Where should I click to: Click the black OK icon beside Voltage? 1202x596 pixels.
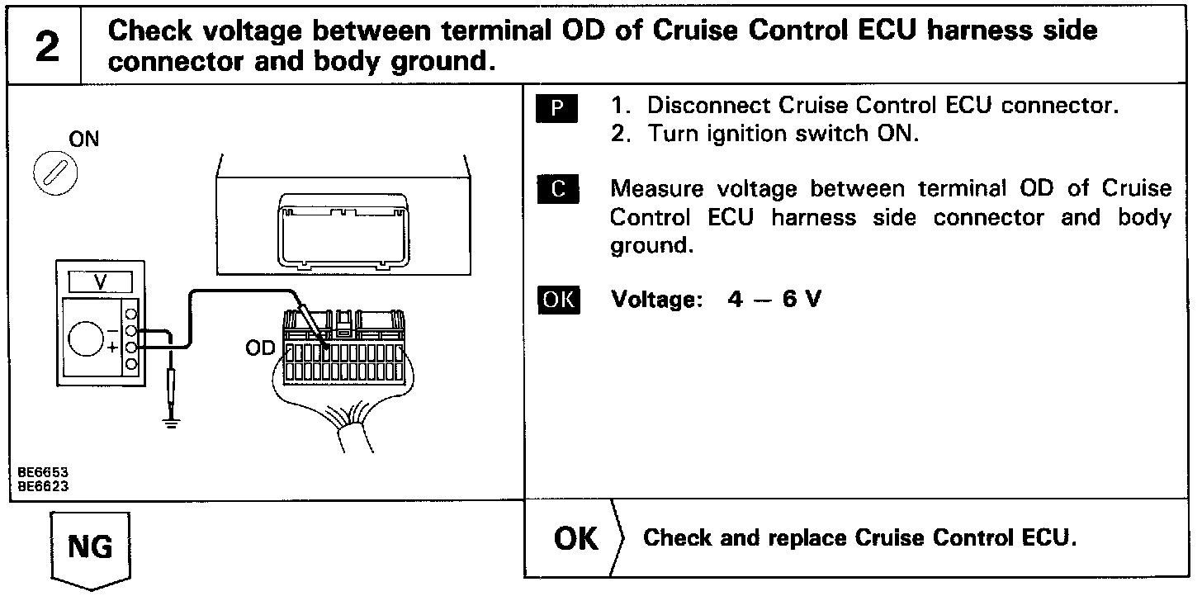(559, 299)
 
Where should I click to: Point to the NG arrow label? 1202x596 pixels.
(90, 547)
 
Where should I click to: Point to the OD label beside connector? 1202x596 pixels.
(259, 349)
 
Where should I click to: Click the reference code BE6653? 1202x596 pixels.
(43, 473)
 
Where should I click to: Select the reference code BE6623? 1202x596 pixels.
(43, 486)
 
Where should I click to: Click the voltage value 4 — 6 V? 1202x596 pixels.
(774, 300)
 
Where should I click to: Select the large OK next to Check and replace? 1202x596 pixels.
(576, 539)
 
